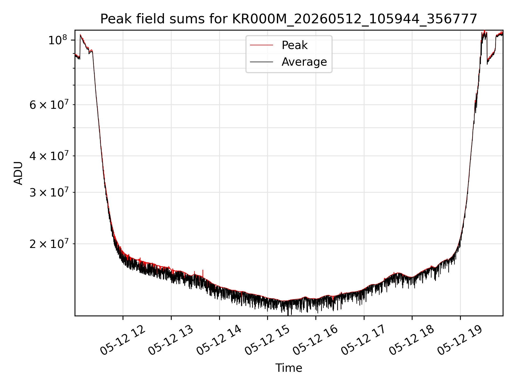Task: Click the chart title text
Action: click(289, 19)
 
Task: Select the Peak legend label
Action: click(295, 45)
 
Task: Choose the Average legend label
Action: click(304, 62)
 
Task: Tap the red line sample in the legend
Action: click(262, 45)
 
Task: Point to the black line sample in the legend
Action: click(262, 62)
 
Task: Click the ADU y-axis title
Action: click(18, 173)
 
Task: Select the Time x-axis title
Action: click(289, 368)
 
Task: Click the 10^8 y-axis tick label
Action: click(57, 40)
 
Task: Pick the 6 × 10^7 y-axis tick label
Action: click(49, 105)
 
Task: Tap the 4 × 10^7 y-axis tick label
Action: click(49, 156)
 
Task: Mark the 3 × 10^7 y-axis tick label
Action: click(49, 192)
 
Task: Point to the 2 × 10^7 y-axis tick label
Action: click(49, 244)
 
